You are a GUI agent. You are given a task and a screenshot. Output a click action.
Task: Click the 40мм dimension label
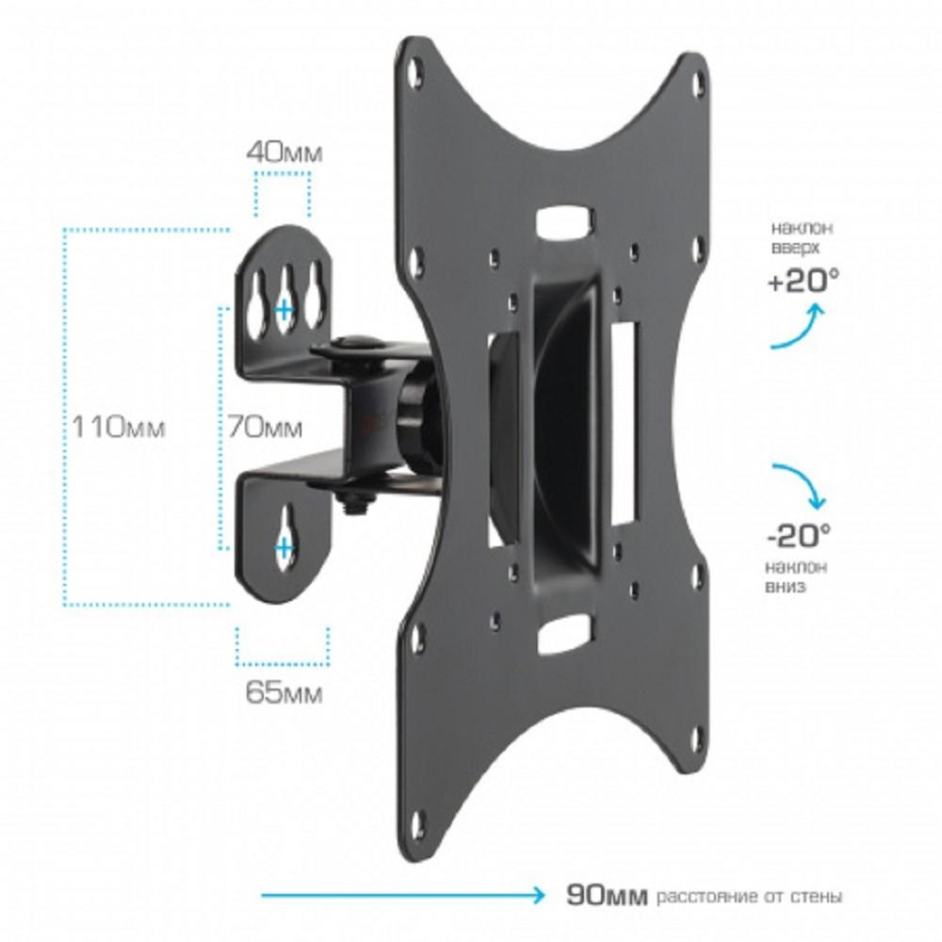pos(284,153)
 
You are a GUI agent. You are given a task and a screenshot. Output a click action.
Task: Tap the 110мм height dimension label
pos(118,428)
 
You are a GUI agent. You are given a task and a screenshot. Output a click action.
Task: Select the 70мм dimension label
pos(265,428)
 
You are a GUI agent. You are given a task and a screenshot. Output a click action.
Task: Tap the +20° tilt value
pos(804,281)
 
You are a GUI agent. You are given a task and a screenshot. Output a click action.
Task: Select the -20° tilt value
pos(800,535)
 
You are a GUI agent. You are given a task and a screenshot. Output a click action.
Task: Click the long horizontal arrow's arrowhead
pos(536,896)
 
